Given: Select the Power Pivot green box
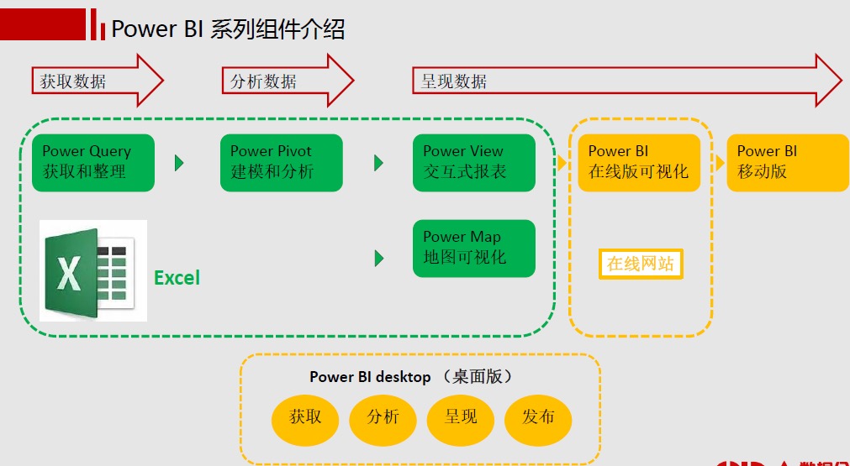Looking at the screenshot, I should (x=281, y=162).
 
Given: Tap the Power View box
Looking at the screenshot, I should (x=473, y=162).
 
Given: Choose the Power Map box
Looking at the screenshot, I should (x=473, y=248).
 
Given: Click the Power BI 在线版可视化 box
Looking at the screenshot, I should (x=638, y=162).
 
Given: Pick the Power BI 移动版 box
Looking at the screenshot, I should (x=787, y=162).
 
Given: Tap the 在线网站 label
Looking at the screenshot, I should (x=641, y=264).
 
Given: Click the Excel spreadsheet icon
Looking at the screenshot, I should (x=92, y=270).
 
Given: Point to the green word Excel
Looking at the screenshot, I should (x=177, y=278).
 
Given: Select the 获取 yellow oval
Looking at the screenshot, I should (x=305, y=417).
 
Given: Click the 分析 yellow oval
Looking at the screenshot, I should (x=383, y=417).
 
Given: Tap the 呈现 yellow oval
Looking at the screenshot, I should (x=460, y=417).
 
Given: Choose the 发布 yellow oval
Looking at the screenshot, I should (x=538, y=417).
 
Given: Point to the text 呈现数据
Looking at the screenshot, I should (x=453, y=81).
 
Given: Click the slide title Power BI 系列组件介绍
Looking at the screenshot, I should (x=228, y=29).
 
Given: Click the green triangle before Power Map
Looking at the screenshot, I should (x=378, y=258).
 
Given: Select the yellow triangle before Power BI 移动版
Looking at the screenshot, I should (x=716, y=162).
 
